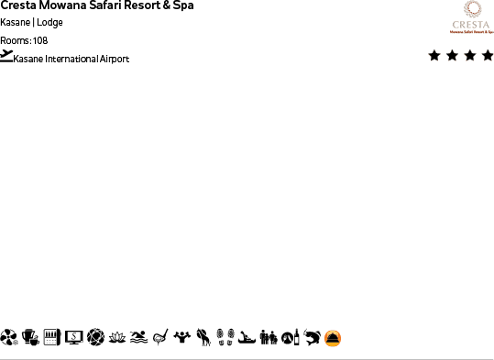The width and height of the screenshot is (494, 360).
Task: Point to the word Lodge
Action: (49, 23)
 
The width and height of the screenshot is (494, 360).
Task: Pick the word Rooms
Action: (14, 40)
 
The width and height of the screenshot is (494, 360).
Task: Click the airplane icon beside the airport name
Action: (7, 56)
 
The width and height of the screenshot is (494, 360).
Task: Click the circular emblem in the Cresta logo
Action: (471, 9)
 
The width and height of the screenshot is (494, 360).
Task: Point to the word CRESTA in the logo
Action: (471, 25)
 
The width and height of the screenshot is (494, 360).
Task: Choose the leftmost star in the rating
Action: (434, 56)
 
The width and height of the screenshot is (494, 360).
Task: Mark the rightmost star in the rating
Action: (487, 56)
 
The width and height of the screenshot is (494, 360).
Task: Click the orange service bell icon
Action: (333, 338)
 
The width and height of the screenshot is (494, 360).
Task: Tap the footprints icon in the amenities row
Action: (225, 338)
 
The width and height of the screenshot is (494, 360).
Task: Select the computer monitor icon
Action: (73, 338)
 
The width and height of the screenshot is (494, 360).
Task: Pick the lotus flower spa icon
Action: (117, 338)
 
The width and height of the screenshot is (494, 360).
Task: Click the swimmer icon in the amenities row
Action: (138, 338)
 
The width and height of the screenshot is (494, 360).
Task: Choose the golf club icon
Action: (159, 338)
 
